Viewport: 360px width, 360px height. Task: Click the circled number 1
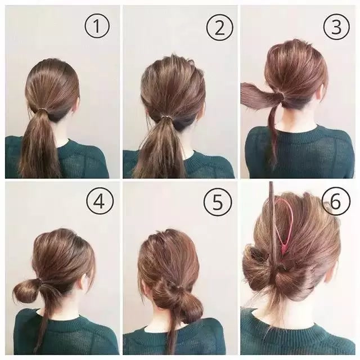tap(97, 26)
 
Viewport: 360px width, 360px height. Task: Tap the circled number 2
tap(220, 27)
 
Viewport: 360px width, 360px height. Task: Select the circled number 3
tap(336, 27)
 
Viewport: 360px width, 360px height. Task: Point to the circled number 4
tap(100, 201)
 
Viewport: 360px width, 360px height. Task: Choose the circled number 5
tap(218, 202)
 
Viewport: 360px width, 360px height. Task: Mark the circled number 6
tap(336, 201)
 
